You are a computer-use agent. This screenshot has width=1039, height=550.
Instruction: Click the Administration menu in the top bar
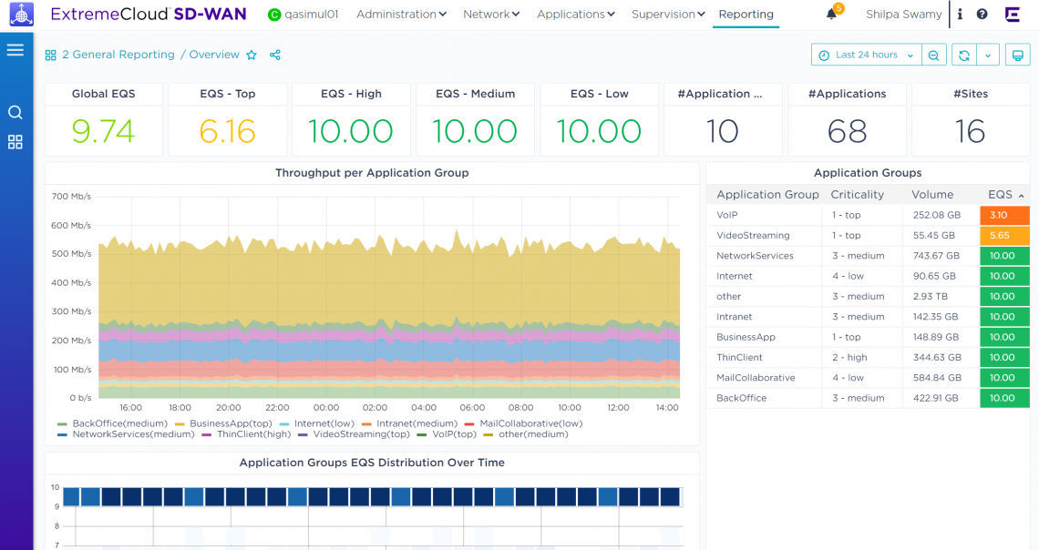click(x=401, y=15)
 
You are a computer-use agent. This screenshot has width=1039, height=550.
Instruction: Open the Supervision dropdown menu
click(x=668, y=15)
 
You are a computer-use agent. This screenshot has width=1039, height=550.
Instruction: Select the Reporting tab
click(x=746, y=15)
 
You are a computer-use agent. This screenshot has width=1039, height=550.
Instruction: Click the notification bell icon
click(x=831, y=15)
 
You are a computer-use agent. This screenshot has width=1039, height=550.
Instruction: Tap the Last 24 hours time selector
click(x=866, y=55)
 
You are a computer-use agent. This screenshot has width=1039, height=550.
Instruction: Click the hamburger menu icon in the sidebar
click(x=15, y=50)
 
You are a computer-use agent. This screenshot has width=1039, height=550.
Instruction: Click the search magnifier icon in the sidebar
click(x=15, y=113)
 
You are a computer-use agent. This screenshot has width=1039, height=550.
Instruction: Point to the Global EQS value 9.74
click(x=103, y=131)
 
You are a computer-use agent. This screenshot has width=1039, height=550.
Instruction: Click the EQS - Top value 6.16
click(x=227, y=131)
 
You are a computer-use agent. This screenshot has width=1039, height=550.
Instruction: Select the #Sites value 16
click(x=970, y=131)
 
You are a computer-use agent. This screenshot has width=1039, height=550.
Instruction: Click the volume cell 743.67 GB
click(x=933, y=256)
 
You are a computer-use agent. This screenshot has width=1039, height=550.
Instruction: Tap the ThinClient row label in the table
click(x=739, y=358)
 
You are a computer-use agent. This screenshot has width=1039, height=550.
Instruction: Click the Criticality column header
click(x=857, y=195)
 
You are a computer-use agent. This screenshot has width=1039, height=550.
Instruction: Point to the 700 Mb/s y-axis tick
click(x=71, y=197)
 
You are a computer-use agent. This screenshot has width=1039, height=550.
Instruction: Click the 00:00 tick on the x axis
click(x=325, y=408)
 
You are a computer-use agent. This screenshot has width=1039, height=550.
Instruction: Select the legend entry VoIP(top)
click(x=453, y=434)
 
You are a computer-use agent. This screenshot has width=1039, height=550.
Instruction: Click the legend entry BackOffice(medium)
click(x=119, y=423)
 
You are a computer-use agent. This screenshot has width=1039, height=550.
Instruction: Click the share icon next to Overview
click(x=275, y=55)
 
